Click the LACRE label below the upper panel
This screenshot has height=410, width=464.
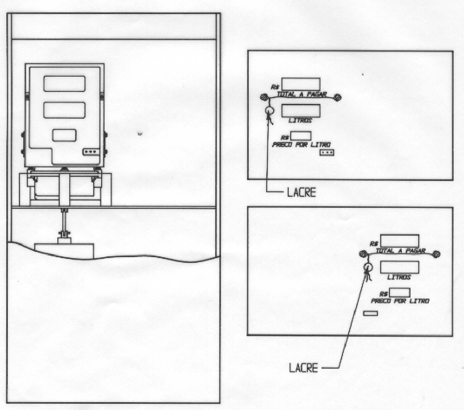point(301,193)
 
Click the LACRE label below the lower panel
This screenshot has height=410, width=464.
point(303,368)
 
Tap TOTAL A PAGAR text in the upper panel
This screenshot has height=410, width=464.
point(302,94)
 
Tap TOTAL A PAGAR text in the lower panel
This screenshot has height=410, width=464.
point(401,251)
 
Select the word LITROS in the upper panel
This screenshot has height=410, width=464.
point(300,121)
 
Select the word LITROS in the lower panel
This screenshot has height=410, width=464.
point(399,277)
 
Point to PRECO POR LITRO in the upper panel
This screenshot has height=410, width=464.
point(301,145)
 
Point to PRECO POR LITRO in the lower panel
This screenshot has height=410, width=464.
point(400,301)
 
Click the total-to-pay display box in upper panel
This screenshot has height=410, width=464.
point(301,84)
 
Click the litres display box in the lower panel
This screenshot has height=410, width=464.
point(399,267)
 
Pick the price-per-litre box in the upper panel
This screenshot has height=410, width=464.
point(301,136)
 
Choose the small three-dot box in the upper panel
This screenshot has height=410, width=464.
point(327,152)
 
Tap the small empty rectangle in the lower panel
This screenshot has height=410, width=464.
point(370,314)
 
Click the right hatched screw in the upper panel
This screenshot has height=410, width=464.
point(338,97)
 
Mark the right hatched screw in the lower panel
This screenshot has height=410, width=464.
point(436,254)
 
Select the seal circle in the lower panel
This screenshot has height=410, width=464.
point(368,268)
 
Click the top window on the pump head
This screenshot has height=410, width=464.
point(64,84)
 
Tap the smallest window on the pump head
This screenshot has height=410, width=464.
point(64,135)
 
